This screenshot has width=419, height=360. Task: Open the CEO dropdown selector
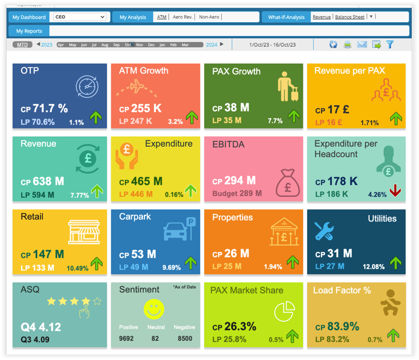pyautogui.click(x=79, y=17)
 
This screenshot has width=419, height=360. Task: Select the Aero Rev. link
pyautogui.click(x=183, y=17)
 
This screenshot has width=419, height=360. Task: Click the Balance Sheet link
pyautogui.click(x=350, y=17)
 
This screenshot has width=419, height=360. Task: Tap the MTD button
pyautogui.click(x=22, y=44)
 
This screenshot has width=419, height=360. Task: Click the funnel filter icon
pyautogui.click(x=390, y=44)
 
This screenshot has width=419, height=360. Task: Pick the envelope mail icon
pyautogui.click(x=362, y=44)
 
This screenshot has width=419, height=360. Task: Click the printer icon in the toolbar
pyautogui.click(x=348, y=44)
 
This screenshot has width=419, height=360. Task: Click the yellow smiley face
pyautogui.click(x=153, y=308)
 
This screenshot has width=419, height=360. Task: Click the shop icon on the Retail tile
pyautogui.click(x=84, y=232)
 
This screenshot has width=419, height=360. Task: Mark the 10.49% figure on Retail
pyautogui.click(x=77, y=268)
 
